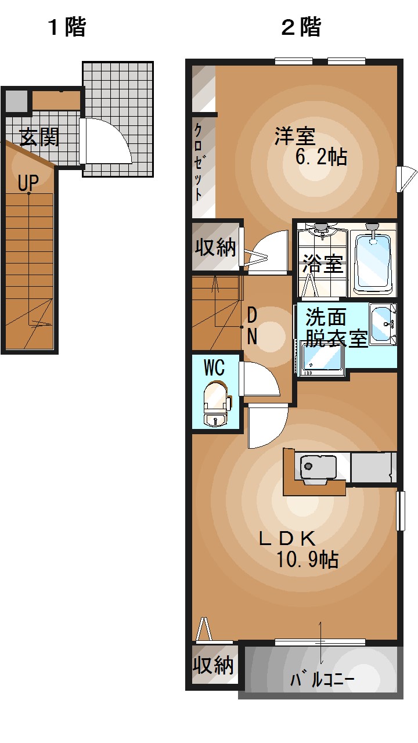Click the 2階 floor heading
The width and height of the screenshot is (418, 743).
(301, 27)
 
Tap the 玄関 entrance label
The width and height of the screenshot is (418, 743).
(39, 137)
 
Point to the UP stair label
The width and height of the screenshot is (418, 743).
(27, 183)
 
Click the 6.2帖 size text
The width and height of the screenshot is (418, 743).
(321, 157)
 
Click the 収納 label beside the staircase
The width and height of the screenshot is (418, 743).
(215, 247)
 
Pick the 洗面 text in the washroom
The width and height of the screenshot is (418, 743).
(326, 317)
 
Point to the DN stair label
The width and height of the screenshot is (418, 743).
(252, 326)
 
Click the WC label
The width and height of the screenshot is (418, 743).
(214, 367)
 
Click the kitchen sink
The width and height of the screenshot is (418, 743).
(318, 467)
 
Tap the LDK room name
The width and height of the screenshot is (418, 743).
(286, 538)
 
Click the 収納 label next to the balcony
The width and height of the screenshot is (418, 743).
(214, 665)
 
